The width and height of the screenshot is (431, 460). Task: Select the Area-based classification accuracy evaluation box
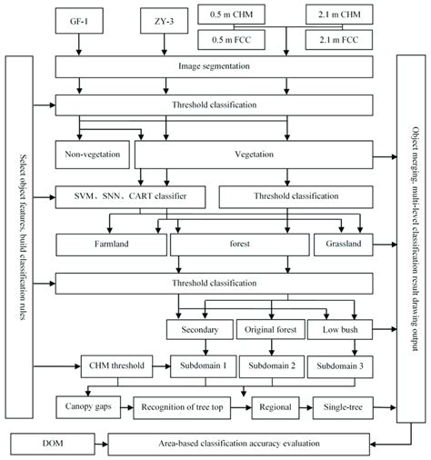coord(239,445)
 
